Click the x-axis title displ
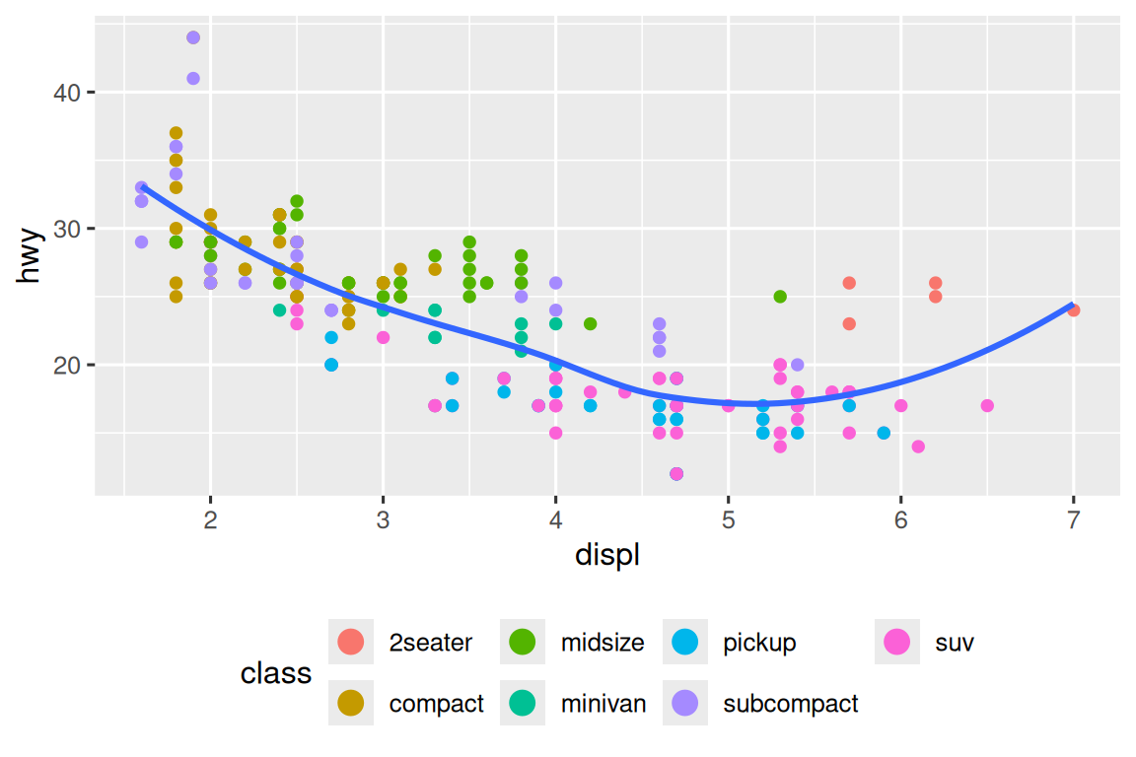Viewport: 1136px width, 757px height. (606, 556)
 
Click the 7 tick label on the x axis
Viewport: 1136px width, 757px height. (1073, 519)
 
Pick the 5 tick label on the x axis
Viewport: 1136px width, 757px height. (728, 519)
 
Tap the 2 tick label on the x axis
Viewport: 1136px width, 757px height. (210, 519)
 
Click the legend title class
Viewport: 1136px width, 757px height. (276, 674)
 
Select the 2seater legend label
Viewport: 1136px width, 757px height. (431, 644)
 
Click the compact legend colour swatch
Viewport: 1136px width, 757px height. (350, 703)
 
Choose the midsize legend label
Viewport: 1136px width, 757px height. (603, 644)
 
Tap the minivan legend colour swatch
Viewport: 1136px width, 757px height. (523, 703)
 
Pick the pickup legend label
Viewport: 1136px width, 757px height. (759, 644)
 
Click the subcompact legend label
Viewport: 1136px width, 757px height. (791, 704)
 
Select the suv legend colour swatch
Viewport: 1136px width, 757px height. (897, 644)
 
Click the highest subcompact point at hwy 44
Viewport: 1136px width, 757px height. (193, 37)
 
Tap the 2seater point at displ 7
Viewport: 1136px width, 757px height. (1073, 310)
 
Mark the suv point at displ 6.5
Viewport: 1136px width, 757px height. (987, 405)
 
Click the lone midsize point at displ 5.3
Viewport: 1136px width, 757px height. (780, 297)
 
